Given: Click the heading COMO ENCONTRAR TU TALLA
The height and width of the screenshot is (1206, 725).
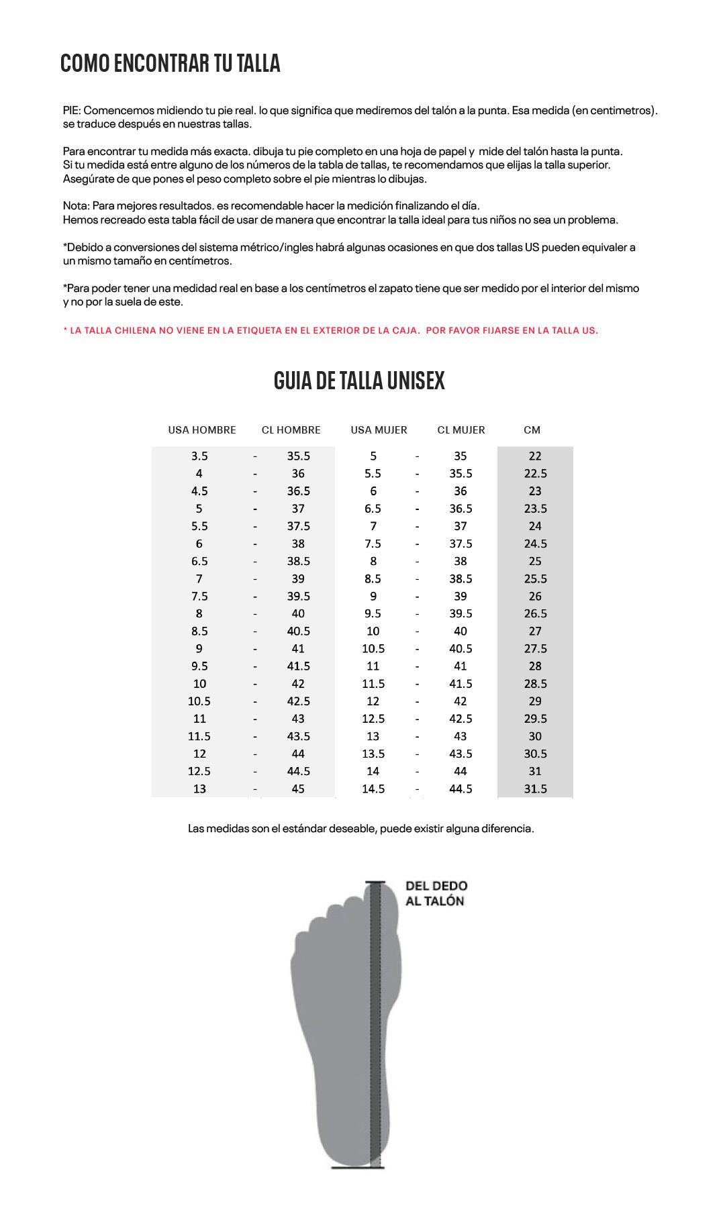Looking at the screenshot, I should (170, 64).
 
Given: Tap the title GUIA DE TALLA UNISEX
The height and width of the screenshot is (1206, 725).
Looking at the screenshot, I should (359, 381).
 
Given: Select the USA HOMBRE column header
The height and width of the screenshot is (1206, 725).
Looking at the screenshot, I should (202, 430).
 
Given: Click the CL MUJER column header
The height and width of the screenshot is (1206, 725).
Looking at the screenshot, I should (461, 430).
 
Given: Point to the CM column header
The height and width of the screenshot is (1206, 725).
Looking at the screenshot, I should (532, 430).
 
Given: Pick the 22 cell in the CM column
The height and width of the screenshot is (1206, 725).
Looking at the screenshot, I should (535, 456).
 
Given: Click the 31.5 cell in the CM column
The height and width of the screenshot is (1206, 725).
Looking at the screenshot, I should (535, 789).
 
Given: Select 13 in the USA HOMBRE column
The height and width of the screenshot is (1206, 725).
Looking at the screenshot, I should (199, 789).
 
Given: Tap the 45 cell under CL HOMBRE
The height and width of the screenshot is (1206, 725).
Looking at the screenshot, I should (298, 789).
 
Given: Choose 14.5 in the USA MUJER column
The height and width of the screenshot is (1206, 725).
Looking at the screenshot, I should (373, 789).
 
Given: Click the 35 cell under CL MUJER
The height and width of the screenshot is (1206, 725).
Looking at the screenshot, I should (460, 456).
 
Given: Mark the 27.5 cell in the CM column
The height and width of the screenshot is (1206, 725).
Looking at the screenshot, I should (535, 648).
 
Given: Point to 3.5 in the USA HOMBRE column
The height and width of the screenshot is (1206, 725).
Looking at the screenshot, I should (199, 456).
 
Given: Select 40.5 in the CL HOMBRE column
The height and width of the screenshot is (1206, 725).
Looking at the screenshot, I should (298, 631).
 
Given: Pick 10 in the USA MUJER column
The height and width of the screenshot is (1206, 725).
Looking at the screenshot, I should (373, 631).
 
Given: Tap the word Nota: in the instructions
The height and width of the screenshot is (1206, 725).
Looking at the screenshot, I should (76, 206).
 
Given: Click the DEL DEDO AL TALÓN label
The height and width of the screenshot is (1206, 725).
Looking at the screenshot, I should (436, 893).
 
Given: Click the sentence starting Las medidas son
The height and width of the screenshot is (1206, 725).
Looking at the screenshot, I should (360, 828).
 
